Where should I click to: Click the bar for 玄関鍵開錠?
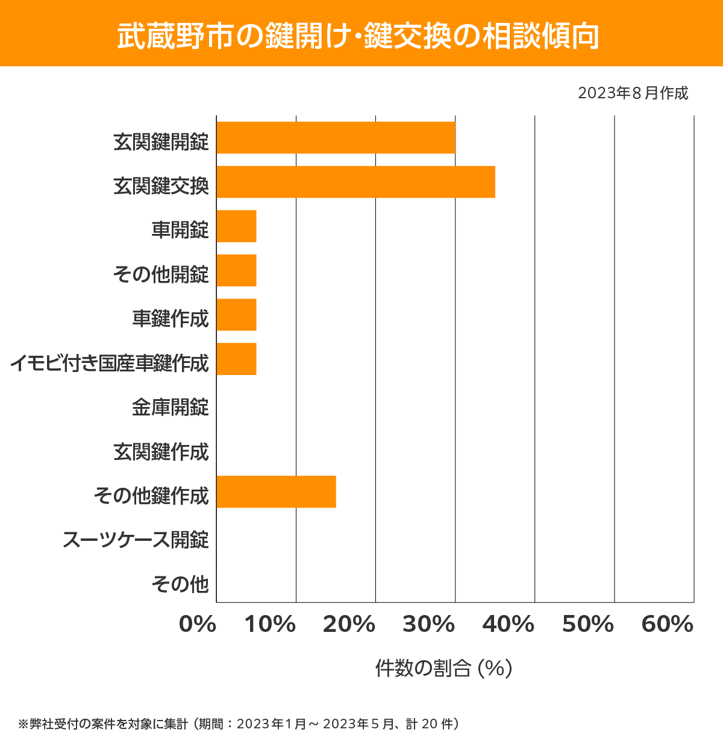(x=336, y=137)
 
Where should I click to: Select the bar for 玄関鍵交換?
(x=355, y=181)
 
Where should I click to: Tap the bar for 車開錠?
(x=236, y=226)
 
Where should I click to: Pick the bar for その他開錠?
(x=236, y=270)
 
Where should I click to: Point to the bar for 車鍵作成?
(x=236, y=315)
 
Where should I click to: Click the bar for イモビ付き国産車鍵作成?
(x=236, y=359)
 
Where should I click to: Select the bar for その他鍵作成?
(x=276, y=491)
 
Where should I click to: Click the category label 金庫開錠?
(x=170, y=408)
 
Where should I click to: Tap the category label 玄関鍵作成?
(x=161, y=452)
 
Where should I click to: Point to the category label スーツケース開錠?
(x=136, y=540)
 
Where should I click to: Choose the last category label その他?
(x=180, y=584)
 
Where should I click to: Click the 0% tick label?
(x=198, y=625)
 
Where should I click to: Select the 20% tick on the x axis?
(x=349, y=625)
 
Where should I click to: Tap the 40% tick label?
(x=508, y=625)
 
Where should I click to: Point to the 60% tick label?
(x=667, y=625)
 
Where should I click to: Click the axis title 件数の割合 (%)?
(x=443, y=668)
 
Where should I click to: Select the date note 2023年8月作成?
(x=633, y=93)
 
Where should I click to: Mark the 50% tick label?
(x=587, y=625)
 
